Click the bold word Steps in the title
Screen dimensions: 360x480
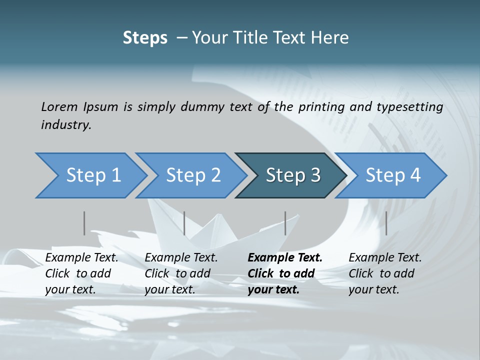(x=145, y=37)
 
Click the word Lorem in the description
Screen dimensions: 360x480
(x=59, y=106)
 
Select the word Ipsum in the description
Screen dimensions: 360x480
(x=101, y=106)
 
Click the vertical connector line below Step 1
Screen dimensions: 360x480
(x=84, y=223)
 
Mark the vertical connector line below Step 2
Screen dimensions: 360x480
(x=184, y=223)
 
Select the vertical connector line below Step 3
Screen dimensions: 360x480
(x=285, y=223)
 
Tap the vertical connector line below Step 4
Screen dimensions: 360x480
(x=386, y=223)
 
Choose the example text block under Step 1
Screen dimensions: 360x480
(x=81, y=273)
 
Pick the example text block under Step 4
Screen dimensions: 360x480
(x=385, y=273)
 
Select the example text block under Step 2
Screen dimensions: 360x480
(x=181, y=273)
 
